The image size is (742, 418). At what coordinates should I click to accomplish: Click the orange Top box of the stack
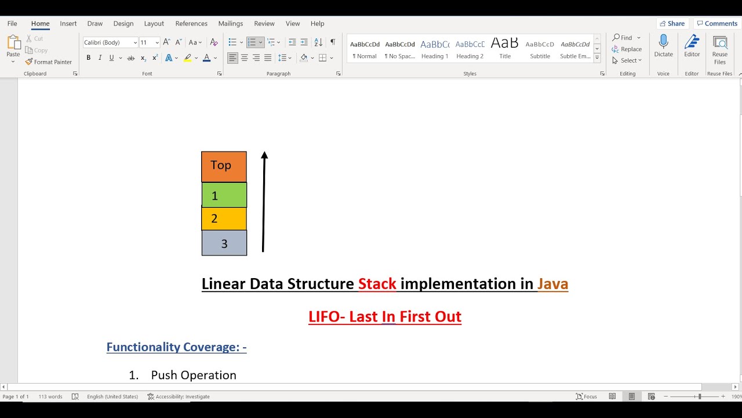(224, 167)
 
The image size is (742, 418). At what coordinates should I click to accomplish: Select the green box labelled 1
(224, 195)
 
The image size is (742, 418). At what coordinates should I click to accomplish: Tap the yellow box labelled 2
(224, 219)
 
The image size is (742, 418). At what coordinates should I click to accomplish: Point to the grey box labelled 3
(224, 243)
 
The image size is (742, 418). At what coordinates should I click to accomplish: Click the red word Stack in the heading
(377, 284)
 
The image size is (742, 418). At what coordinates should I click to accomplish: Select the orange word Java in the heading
(552, 284)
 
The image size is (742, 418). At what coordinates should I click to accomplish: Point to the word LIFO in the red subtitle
(326, 317)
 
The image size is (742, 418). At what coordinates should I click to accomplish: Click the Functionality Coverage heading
(176, 347)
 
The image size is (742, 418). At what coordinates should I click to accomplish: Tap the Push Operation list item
(193, 375)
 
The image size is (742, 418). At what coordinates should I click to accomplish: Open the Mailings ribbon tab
(231, 24)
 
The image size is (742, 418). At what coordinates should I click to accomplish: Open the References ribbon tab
(191, 24)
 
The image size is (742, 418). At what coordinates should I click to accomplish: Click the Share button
(672, 24)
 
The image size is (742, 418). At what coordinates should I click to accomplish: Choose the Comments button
(717, 24)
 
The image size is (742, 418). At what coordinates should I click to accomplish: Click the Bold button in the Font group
(89, 58)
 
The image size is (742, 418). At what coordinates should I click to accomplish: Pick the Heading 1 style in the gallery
(435, 49)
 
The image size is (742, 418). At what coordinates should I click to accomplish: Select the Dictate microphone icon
(664, 42)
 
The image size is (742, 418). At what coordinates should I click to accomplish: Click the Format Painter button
(49, 62)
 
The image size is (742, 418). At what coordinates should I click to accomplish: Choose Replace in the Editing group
(627, 49)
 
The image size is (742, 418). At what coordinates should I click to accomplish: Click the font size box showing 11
(146, 42)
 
